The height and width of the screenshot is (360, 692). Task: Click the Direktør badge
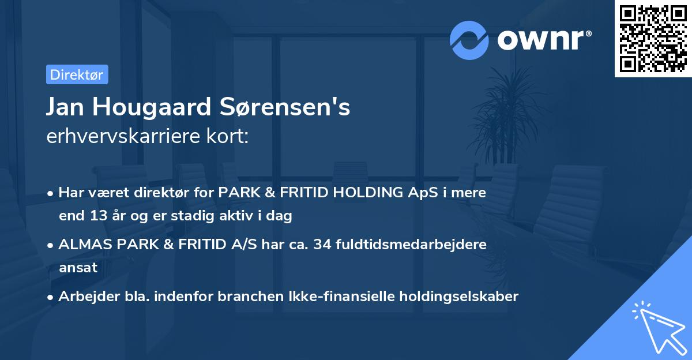pyautogui.click(x=77, y=74)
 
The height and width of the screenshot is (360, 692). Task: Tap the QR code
pyautogui.click(x=653, y=38)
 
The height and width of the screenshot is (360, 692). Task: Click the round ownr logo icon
pyautogui.click(x=469, y=40)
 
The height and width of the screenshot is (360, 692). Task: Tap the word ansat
pyautogui.click(x=78, y=268)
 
